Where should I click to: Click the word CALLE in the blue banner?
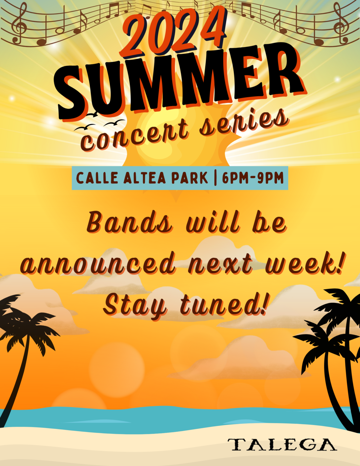tap(97, 178)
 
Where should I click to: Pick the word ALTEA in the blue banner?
tap(145, 178)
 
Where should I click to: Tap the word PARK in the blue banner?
tap(189, 178)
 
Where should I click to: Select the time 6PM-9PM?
tap(253, 178)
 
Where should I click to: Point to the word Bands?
tap(130, 223)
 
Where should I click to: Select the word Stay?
tap(135, 305)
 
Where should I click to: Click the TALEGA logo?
tap(282, 445)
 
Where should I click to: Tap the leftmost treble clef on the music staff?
tap(20, 23)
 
